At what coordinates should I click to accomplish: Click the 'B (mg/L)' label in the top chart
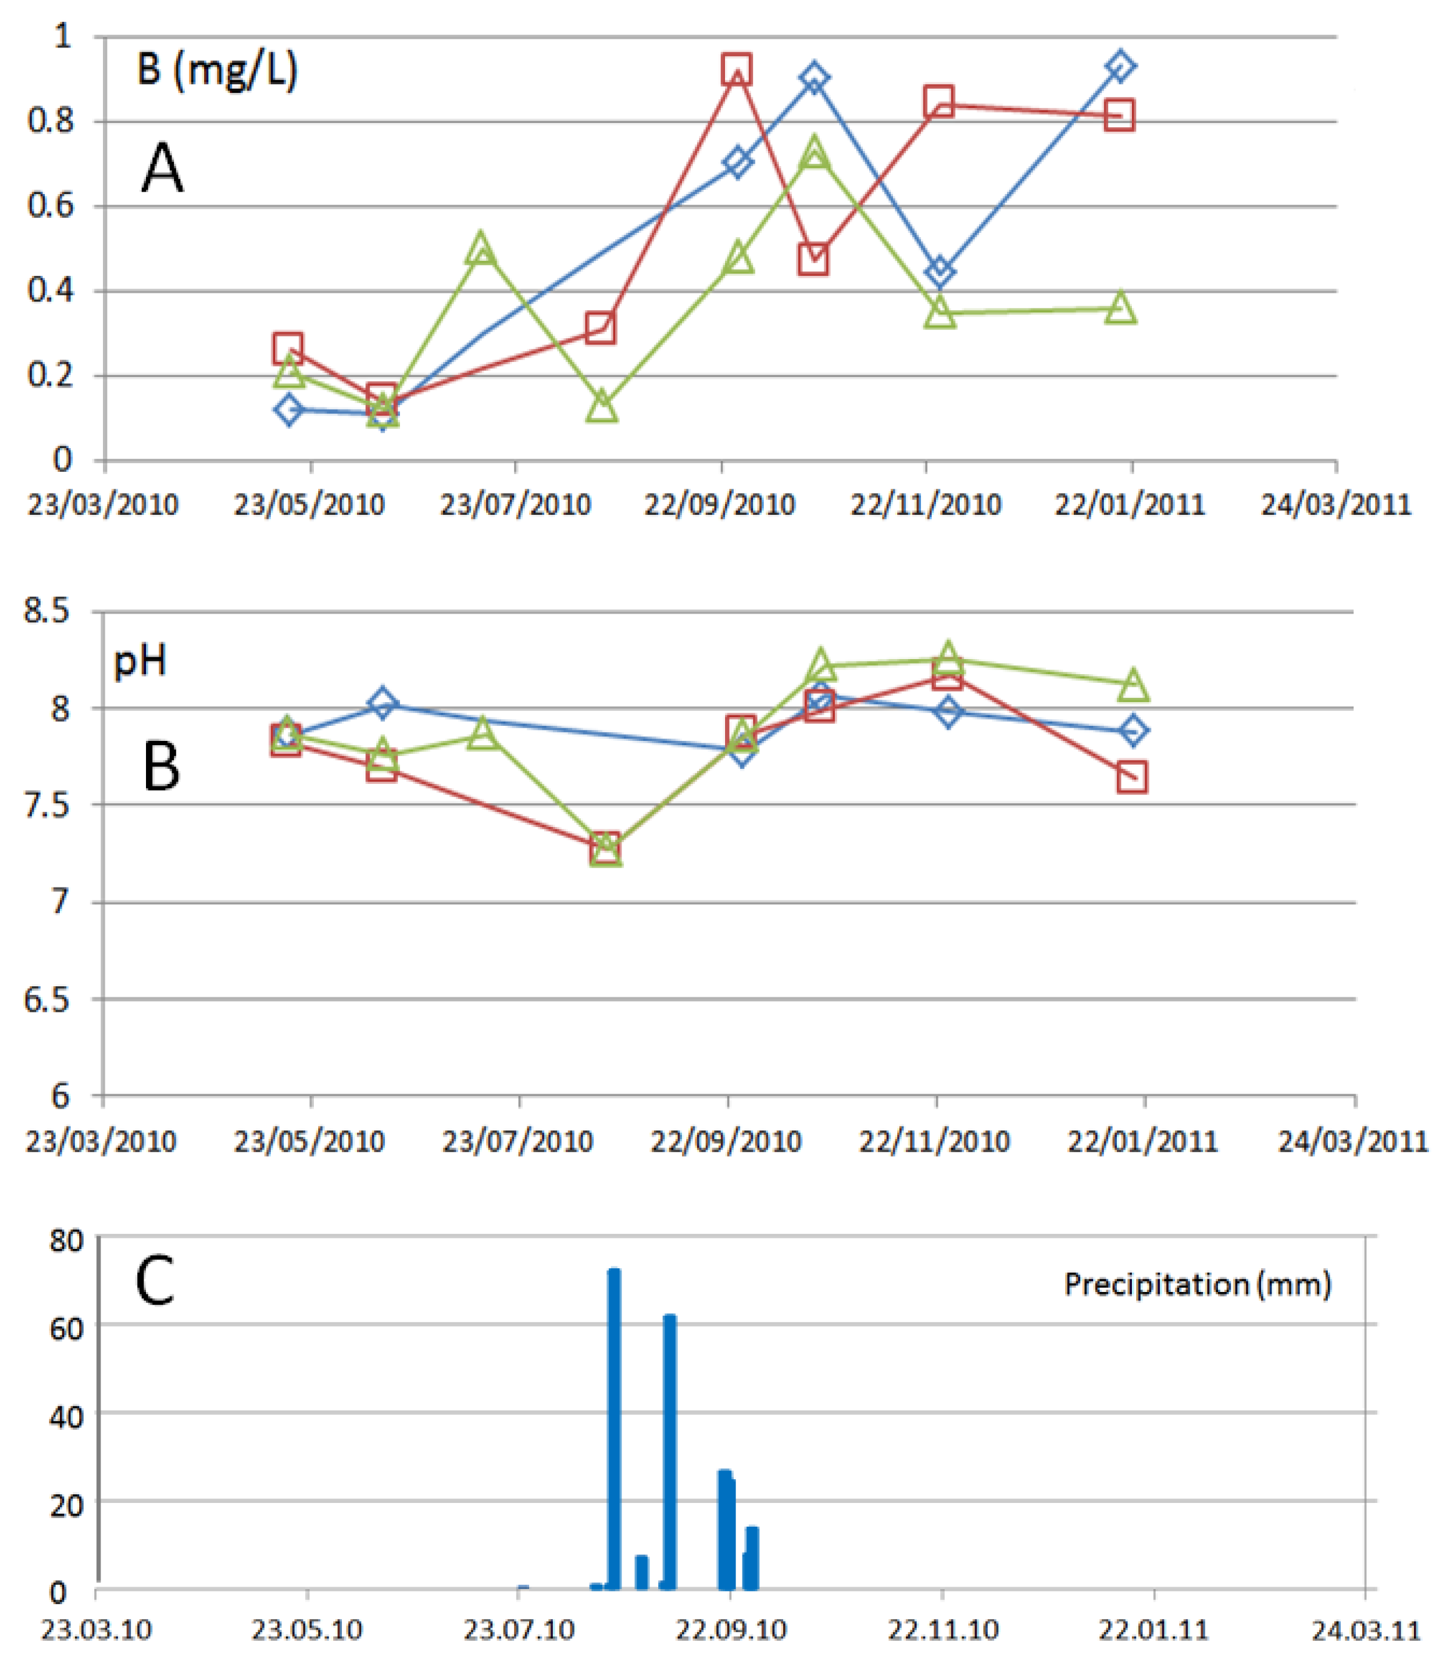[217, 71]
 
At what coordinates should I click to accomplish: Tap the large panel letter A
[162, 168]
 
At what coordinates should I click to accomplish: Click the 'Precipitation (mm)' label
[1197, 1283]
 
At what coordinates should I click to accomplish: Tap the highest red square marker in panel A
[736, 71]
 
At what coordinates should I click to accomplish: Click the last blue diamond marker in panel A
[1120, 66]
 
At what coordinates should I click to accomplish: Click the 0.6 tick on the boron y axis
[50, 206]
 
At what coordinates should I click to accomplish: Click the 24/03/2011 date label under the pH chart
[1353, 1142]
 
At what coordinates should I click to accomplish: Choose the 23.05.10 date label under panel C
[307, 1629]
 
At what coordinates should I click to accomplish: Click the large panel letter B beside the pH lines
[161, 766]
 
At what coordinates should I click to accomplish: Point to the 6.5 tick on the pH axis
[47, 1000]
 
